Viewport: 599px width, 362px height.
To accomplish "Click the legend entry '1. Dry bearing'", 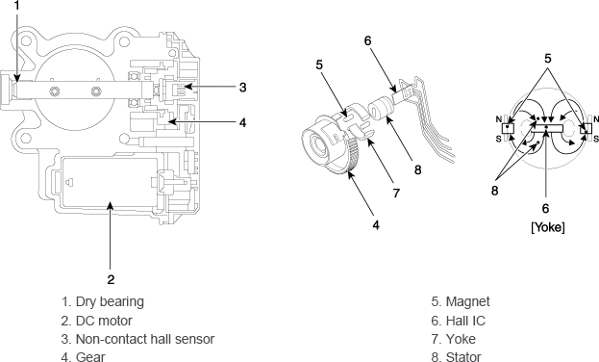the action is click(103, 301).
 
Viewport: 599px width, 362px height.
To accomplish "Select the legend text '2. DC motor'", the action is click(97, 321).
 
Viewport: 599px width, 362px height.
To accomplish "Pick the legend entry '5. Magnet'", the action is click(461, 301).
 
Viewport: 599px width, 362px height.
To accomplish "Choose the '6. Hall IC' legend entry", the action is click(458, 321).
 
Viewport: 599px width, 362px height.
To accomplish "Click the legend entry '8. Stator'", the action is click(456, 356).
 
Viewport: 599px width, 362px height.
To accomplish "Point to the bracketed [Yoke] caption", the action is click(548, 227).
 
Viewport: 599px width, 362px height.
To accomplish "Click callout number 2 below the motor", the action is click(111, 280).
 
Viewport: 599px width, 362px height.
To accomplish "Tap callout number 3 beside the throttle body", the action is click(242, 88).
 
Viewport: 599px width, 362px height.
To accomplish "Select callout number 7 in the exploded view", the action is click(396, 194).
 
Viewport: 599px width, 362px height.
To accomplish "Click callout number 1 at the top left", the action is click(16, 6).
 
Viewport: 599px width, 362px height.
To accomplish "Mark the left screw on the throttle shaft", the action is click(54, 91).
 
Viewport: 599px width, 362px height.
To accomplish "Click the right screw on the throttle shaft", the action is click(96, 91).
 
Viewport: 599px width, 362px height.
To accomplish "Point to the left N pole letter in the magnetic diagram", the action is click(499, 119).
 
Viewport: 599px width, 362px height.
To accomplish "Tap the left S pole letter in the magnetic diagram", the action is click(499, 139).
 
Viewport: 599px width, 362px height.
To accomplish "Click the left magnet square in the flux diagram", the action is click(508, 128).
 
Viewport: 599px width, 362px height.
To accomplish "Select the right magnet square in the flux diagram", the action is click(586, 128).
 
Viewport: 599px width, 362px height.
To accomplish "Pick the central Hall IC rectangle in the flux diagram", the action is click(547, 128).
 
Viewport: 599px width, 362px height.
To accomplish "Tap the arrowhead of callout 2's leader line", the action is click(110, 206).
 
